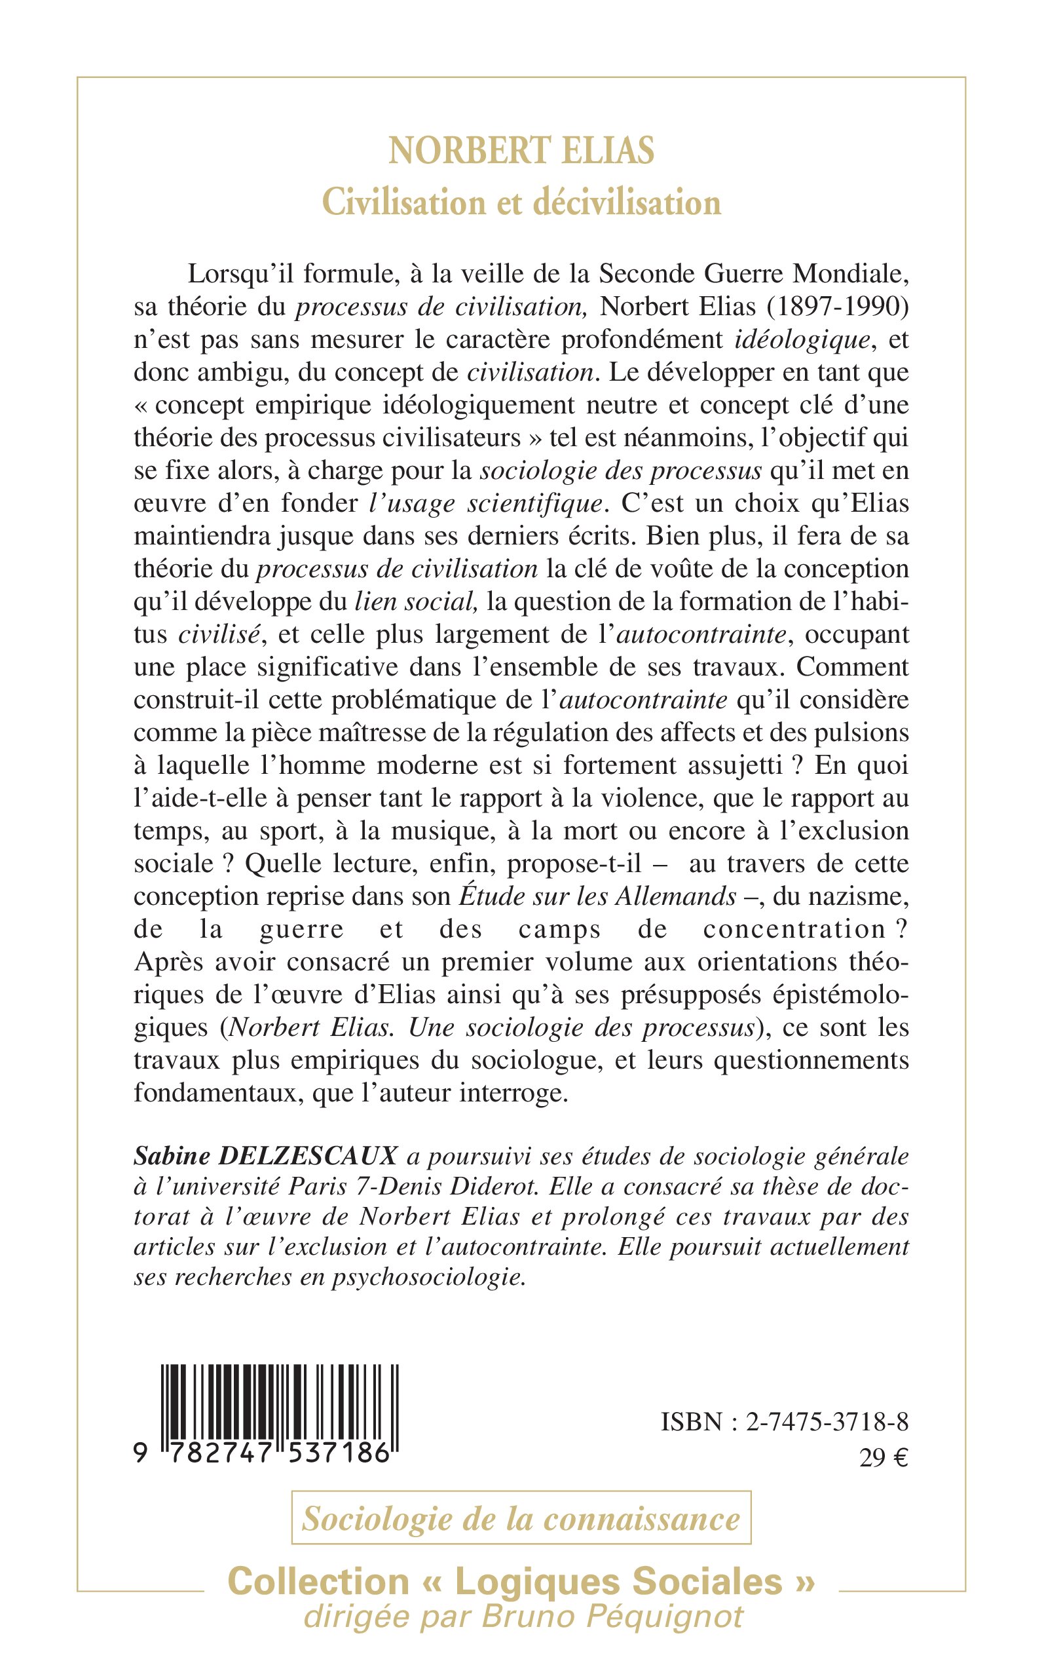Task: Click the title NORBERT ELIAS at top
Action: (521, 151)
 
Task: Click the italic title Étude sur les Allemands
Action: (598, 897)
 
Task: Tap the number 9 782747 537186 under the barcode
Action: (269, 1455)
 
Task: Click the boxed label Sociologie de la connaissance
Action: (521, 1520)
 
